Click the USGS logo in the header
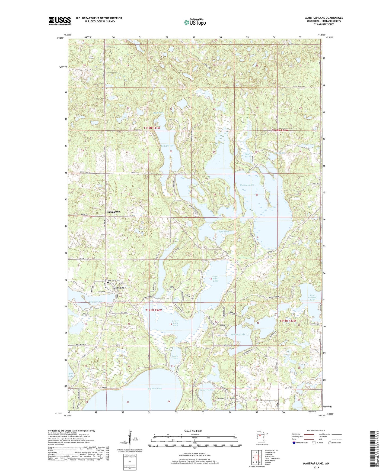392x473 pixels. coord(60,21)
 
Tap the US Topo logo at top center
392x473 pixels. coord(195,22)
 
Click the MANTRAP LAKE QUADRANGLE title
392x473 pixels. coord(324,18)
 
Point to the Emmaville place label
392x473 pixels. coord(113,212)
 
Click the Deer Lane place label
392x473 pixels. coord(118,288)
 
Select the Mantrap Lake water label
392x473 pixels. coord(247,185)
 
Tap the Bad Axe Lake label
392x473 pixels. coord(168,146)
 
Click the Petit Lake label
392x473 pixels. coord(224,232)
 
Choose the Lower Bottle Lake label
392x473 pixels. coord(176,323)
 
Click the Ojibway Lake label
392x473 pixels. coord(238,334)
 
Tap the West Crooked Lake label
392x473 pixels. coord(312,297)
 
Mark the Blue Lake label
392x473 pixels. coord(71,375)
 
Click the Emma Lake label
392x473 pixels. coord(175,357)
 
